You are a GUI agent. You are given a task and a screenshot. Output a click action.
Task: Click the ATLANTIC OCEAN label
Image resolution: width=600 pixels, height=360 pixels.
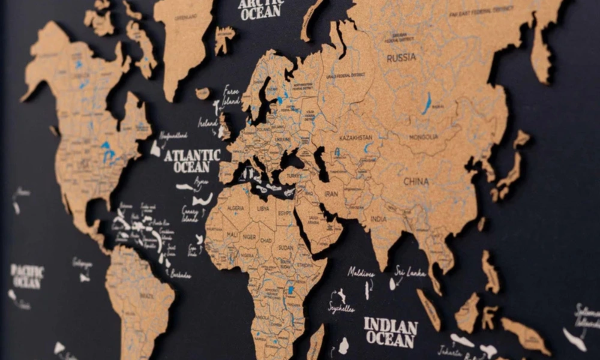pos(192,161)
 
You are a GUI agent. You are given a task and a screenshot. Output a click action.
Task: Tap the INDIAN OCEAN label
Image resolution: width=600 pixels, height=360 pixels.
pos(390,332)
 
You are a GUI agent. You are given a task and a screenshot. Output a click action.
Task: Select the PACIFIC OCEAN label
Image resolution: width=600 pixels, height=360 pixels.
pos(27,276)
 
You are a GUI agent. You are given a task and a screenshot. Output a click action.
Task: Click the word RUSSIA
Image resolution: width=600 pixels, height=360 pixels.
pos(401,58)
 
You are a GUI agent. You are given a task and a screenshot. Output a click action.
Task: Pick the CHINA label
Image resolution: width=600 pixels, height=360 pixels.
pos(416,181)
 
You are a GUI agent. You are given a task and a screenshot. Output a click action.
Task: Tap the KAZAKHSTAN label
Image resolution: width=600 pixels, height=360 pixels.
pos(355,138)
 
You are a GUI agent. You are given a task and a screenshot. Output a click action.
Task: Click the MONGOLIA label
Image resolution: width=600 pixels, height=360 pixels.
pos(424,137)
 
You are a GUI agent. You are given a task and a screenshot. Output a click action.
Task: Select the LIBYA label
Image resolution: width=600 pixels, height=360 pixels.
pos(263,209)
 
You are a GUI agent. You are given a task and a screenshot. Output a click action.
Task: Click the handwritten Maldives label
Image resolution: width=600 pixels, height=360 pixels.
pos(361,272)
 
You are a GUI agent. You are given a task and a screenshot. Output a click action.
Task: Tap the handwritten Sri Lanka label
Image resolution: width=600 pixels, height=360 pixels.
pos(410,272)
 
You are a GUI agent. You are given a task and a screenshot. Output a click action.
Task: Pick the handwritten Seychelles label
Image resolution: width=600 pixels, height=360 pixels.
pos(341,309)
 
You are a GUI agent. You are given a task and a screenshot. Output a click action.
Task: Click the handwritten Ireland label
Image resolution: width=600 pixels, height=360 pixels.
pos(208,122)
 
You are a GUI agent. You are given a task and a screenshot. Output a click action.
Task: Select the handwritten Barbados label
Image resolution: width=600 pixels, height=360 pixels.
pos(180,274)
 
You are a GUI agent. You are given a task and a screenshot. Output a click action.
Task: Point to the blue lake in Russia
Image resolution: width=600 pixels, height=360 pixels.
pos(427,103)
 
